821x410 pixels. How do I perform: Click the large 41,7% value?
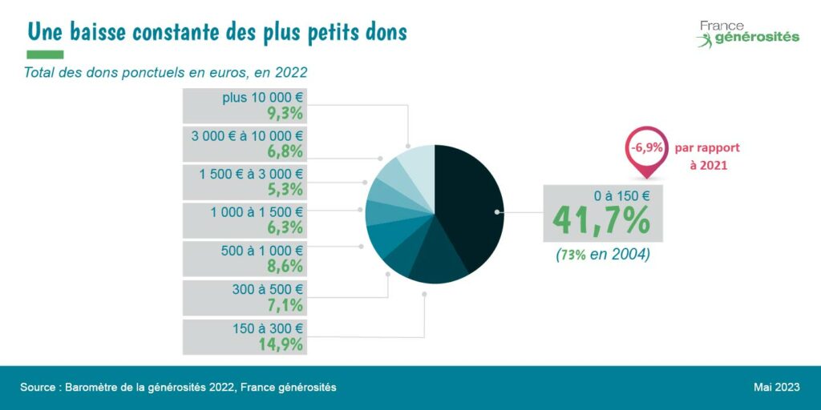(x=601, y=220)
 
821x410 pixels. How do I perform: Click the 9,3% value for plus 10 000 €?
(x=285, y=113)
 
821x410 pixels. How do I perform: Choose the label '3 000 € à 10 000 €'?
(x=247, y=135)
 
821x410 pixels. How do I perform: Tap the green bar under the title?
(x=45, y=54)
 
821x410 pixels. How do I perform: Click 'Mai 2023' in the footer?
(x=776, y=388)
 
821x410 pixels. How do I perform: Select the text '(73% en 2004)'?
(x=602, y=255)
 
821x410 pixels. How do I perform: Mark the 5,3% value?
(x=285, y=190)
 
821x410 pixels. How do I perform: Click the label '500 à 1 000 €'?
(x=262, y=251)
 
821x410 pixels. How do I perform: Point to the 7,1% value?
(x=285, y=305)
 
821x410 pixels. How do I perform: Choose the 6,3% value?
(x=285, y=227)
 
